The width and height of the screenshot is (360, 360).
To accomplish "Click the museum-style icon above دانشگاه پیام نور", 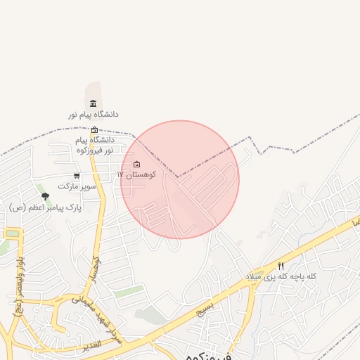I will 93,104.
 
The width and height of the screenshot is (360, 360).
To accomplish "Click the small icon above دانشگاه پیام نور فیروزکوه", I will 95,130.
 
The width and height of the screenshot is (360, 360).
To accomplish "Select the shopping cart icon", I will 77,176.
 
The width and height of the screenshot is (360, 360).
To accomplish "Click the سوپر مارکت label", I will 76,186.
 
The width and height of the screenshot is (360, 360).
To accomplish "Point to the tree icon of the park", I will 46,196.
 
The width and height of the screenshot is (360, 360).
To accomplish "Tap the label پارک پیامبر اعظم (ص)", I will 46,207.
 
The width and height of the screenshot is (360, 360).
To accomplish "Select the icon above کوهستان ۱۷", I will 136,165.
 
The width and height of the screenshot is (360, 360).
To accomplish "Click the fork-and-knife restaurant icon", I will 281,266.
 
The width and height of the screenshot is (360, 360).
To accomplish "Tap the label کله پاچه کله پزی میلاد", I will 281,276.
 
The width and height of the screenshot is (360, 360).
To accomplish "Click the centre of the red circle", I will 180,180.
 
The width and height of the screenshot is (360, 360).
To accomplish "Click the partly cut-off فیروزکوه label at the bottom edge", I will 210,356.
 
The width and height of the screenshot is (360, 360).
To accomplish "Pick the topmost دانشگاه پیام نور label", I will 93,114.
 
